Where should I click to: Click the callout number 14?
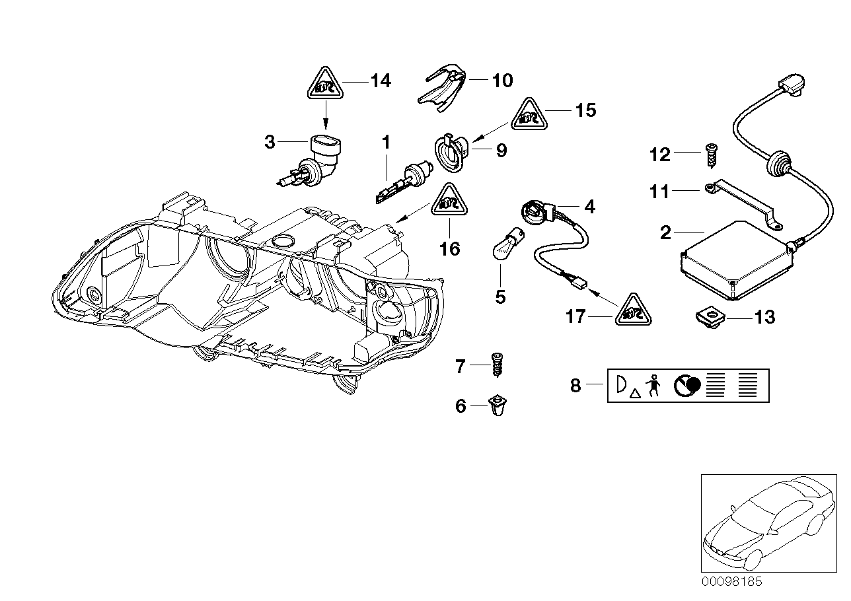pyautogui.click(x=381, y=81)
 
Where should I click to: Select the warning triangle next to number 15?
pyautogui.click(x=530, y=113)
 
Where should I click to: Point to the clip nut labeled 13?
pyautogui.click(x=710, y=318)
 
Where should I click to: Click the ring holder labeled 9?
pyautogui.click(x=451, y=151)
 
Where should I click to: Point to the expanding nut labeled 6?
pyautogui.click(x=498, y=407)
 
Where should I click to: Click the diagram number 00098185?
pyautogui.click(x=731, y=582)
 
